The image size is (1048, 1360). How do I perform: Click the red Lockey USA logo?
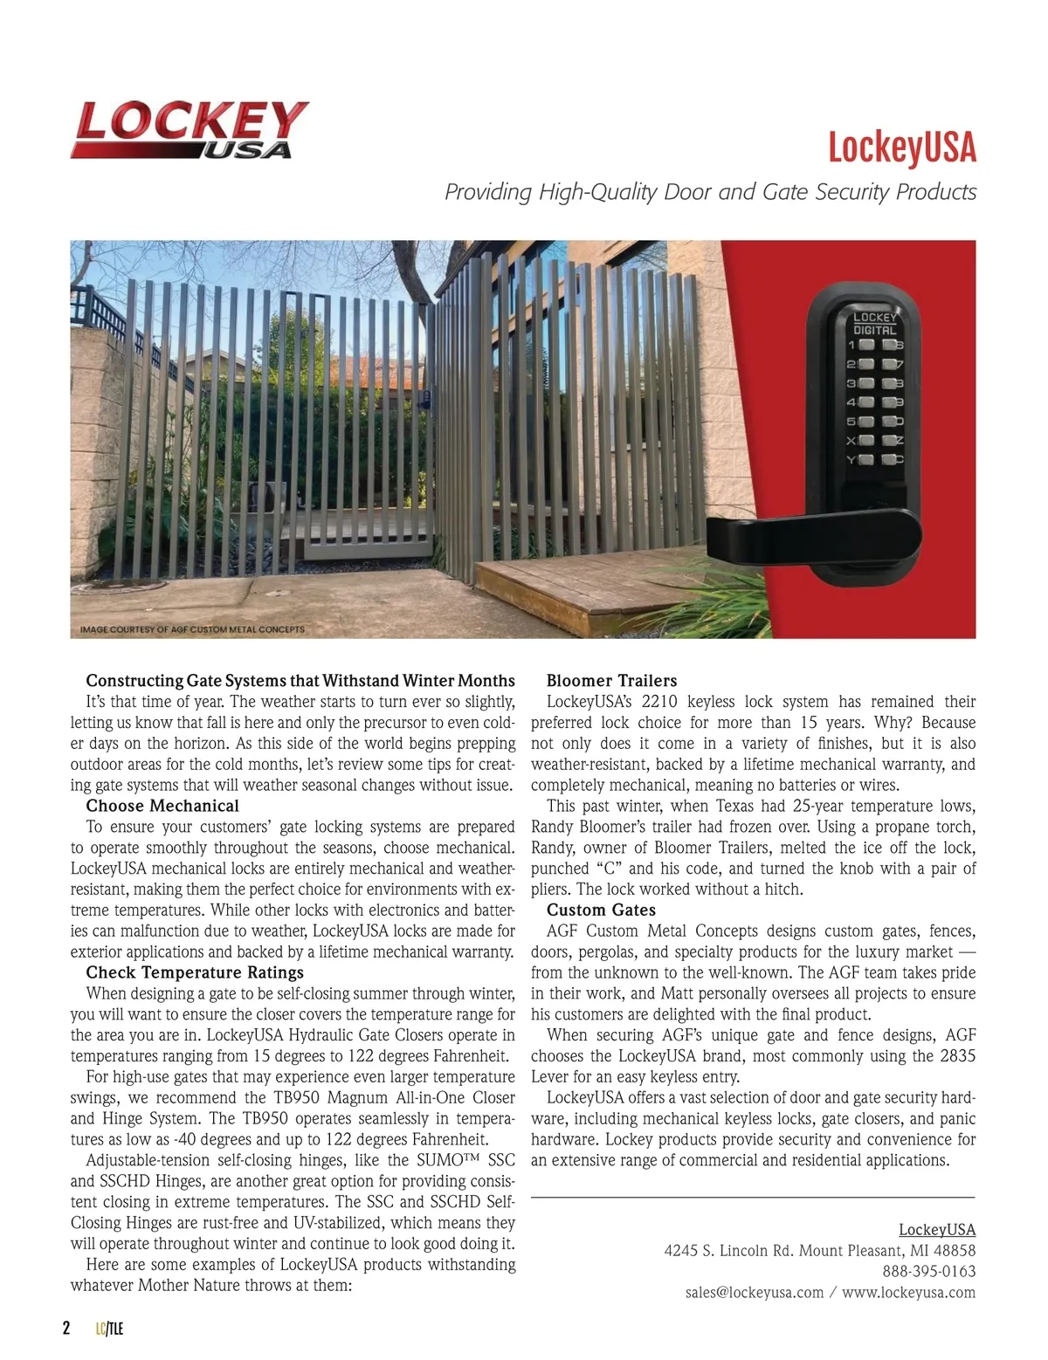pyautogui.click(x=190, y=130)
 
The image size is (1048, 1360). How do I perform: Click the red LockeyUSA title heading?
pyautogui.click(x=901, y=148)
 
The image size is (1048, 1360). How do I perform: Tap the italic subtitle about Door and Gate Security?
pyautogui.click(x=710, y=192)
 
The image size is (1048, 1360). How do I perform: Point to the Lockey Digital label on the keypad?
pyautogui.click(x=874, y=324)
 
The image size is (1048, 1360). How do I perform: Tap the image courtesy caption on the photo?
pyautogui.click(x=192, y=628)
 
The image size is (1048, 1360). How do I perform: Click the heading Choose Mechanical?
pyautogui.click(x=162, y=806)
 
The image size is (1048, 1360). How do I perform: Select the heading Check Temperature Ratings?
pyautogui.click(x=195, y=972)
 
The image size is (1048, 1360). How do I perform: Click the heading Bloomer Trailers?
pyautogui.click(x=611, y=681)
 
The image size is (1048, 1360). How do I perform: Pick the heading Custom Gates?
pyautogui.click(x=601, y=910)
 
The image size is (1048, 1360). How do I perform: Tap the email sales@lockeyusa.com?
pyautogui.click(x=755, y=1292)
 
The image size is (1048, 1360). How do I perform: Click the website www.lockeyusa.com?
pyautogui.click(x=908, y=1292)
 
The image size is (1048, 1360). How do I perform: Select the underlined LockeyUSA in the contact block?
pyautogui.click(x=937, y=1229)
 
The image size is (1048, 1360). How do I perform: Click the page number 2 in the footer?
pyautogui.click(x=66, y=1329)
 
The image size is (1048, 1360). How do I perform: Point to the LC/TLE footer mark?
pyautogui.click(x=110, y=1329)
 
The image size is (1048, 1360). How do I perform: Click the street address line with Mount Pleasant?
pyautogui.click(x=819, y=1250)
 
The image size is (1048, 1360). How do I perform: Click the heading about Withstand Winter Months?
pyautogui.click(x=300, y=681)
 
